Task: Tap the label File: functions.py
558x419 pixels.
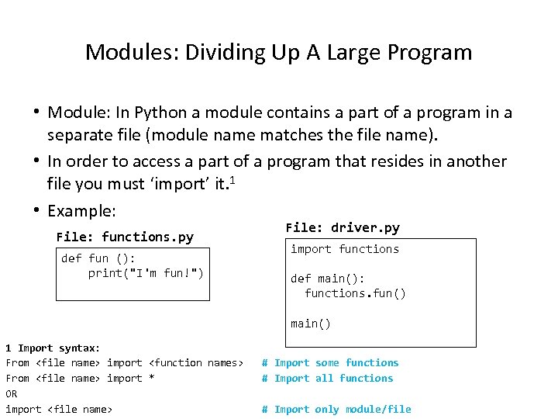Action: click(x=125, y=237)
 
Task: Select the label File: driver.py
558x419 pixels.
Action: click(x=343, y=227)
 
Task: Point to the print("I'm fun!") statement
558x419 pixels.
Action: click(x=146, y=273)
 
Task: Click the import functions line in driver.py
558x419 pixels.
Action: click(x=345, y=249)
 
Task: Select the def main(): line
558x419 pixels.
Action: click(x=328, y=279)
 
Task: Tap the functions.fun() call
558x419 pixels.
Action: click(x=356, y=293)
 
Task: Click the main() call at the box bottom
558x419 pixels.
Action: click(x=311, y=324)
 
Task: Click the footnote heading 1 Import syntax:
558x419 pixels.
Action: click(x=53, y=348)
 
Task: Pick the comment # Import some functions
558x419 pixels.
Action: click(x=330, y=362)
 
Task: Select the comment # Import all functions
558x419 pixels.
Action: click(x=327, y=378)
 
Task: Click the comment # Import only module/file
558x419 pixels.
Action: click(x=336, y=409)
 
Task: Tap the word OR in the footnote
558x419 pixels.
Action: click(x=12, y=393)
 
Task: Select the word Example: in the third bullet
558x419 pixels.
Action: click(x=81, y=211)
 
